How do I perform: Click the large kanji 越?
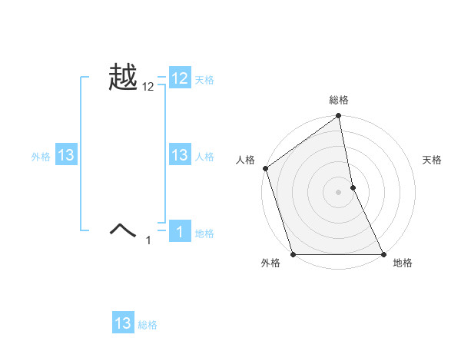[124, 78]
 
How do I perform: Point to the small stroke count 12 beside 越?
[148, 88]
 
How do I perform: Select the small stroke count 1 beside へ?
[148, 240]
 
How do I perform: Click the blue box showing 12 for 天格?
[180, 78]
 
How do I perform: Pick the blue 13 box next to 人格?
[180, 155]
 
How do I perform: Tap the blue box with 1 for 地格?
[180, 232]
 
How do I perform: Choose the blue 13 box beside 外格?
[66, 155]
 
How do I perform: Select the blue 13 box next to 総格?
[123, 323]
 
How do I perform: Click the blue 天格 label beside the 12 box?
[204, 80]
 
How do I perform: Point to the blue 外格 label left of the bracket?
[41, 157]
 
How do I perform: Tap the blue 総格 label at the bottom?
[148, 325]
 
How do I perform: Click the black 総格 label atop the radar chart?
[338, 101]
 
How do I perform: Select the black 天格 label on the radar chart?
[433, 160]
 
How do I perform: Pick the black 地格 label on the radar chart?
[403, 263]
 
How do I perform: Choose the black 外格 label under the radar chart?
[270, 263]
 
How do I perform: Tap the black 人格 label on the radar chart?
[245, 160]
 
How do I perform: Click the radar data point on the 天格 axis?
[353, 187]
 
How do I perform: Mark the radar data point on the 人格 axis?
[265, 168]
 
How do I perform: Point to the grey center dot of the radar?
[338, 192]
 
